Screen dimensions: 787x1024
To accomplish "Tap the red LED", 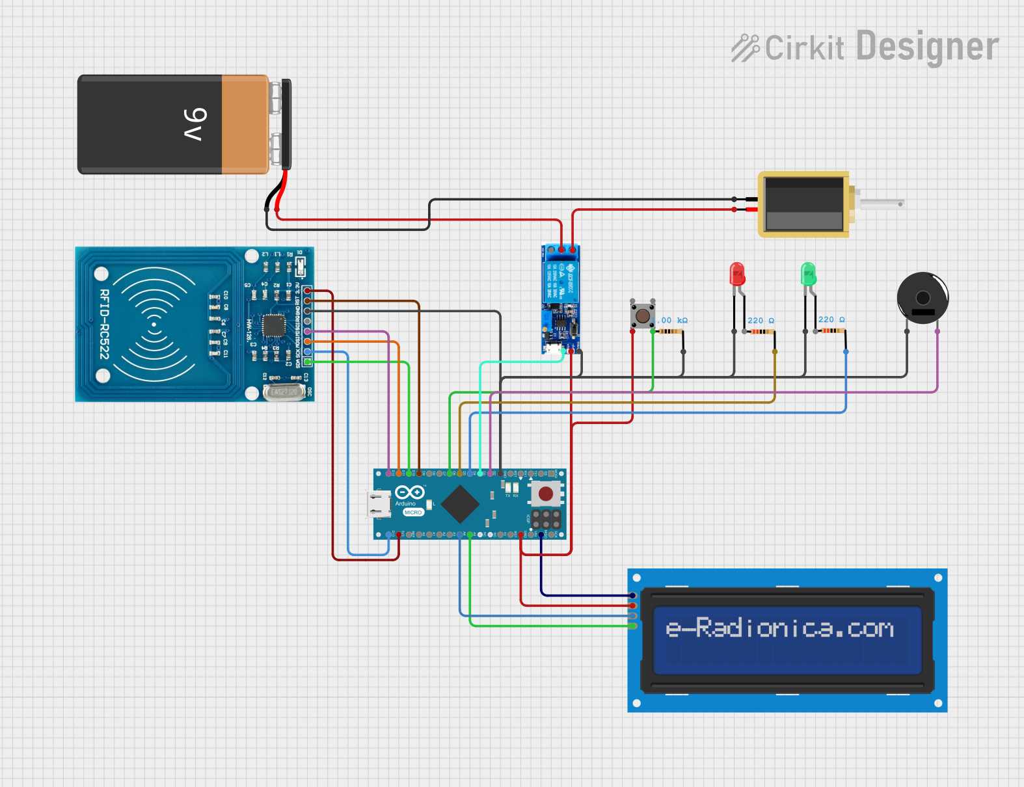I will tap(737, 274).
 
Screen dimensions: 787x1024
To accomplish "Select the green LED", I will tap(808, 274).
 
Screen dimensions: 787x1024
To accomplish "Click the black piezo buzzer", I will tap(923, 298).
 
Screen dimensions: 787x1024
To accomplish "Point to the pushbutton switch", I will tap(642, 315).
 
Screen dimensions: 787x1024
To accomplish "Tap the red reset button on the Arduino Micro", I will tap(546, 494).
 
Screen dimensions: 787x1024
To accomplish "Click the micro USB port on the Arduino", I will tap(379, 504).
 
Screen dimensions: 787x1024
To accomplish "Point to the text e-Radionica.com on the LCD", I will tap(779, 628).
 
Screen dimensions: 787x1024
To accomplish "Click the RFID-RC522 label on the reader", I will tap(104, 324).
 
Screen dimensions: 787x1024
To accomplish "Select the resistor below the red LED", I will tap(759, 332).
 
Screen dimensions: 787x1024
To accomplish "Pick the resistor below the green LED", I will tap(830, 330).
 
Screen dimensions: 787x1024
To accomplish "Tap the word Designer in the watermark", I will tap(927, 47).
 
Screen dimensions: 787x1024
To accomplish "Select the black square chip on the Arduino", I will tap(460, 504).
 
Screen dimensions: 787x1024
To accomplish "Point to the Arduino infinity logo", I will tap(410, 492).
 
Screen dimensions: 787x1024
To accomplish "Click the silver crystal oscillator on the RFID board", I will tap(284, 392).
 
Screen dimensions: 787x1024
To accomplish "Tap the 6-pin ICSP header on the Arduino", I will tap(546, 519).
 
